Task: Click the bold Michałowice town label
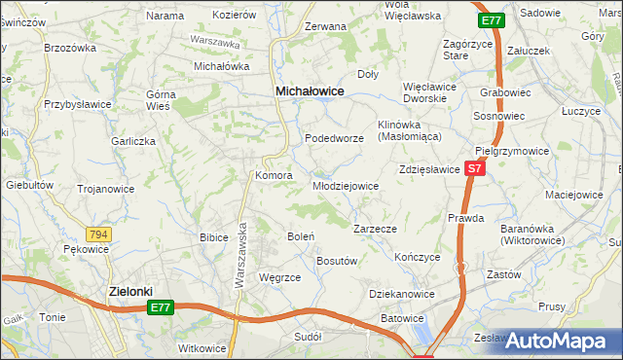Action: coord(311,90)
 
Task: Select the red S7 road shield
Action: coord(474,169)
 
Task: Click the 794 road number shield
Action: coord(97,234)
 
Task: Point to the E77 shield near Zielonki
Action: coord(162,307)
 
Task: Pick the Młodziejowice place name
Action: coord(345,186)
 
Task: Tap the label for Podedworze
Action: coord(334,139)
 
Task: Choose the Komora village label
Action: coord(274,176)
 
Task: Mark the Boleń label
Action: coord(300,236)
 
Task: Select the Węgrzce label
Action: coord(280,277)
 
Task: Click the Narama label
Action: coord(165,16)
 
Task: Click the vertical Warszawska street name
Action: coord(238,254)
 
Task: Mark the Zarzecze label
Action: coord(374,229)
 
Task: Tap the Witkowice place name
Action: coord(202,348)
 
